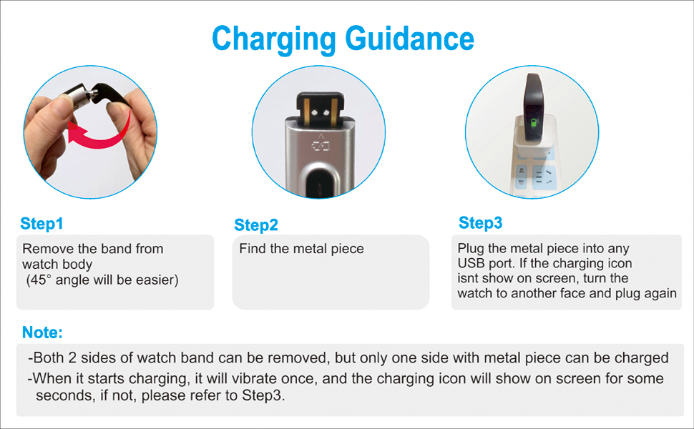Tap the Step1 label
pos(41,223)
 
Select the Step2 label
pos(255,225)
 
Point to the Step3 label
pos(480,223)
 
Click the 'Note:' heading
pos(42,332)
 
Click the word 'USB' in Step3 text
pos(472,264)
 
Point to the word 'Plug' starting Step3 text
pos(470,249)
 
